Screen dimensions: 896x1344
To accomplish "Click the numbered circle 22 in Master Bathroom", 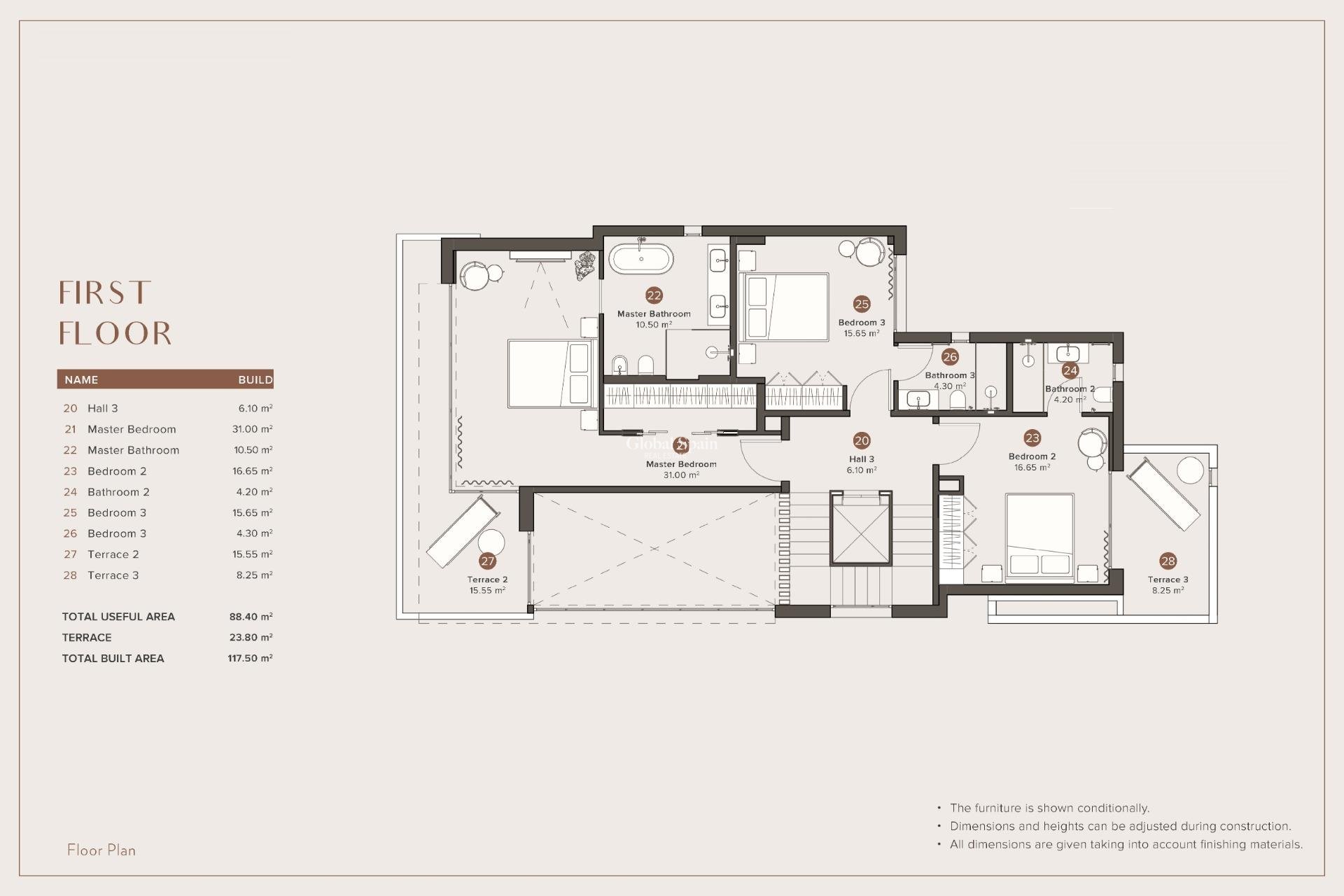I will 654,295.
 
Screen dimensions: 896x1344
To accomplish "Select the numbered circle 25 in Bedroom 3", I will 862,304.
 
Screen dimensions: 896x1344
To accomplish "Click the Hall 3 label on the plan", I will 861,460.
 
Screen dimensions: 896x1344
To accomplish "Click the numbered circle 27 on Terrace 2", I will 488,561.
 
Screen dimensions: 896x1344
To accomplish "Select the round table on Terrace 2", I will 491,542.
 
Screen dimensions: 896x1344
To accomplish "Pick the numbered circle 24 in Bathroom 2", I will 1070,370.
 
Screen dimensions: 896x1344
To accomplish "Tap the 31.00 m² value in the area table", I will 251,429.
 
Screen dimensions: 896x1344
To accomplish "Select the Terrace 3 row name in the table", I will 113,575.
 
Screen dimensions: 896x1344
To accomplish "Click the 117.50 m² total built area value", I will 250,659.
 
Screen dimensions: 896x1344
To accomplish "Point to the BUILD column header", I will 255,380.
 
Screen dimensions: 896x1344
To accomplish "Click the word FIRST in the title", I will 105,293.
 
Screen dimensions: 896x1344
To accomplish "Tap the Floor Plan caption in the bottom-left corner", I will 101,850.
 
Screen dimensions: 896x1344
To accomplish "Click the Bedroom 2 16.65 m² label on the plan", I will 1032,461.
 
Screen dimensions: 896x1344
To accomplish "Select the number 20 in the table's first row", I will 70,408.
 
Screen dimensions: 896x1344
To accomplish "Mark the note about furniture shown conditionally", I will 1049,808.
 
